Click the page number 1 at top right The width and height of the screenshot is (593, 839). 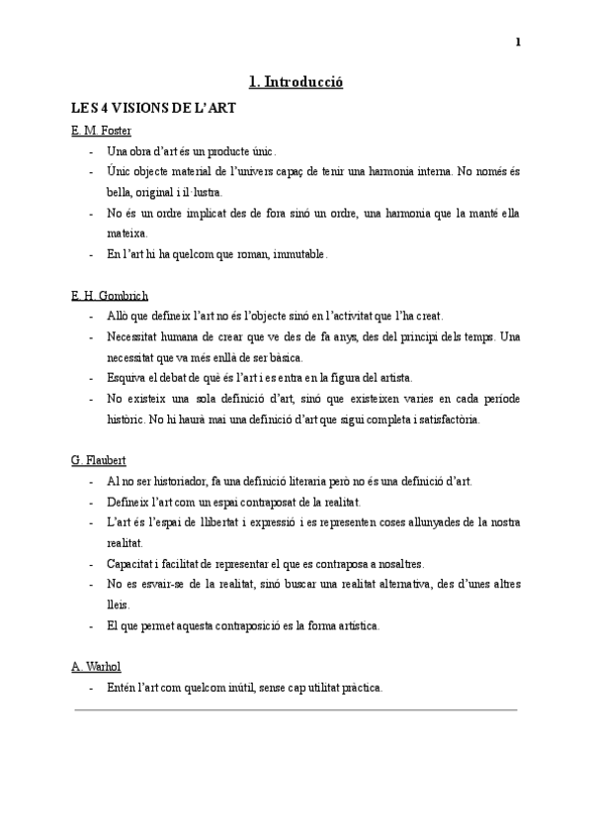518,42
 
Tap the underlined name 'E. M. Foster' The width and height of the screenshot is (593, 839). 102,131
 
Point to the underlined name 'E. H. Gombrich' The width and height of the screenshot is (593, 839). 110,296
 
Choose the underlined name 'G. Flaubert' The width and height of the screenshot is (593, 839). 99,461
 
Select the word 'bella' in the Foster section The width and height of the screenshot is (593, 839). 119,192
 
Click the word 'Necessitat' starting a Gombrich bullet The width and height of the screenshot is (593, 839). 133,336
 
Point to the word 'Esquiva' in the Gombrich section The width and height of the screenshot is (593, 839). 126,378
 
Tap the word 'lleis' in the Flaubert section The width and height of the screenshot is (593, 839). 118,606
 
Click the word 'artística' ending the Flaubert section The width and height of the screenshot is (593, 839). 354,626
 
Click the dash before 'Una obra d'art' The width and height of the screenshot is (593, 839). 91,151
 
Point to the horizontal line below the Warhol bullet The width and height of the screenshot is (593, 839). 296,709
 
